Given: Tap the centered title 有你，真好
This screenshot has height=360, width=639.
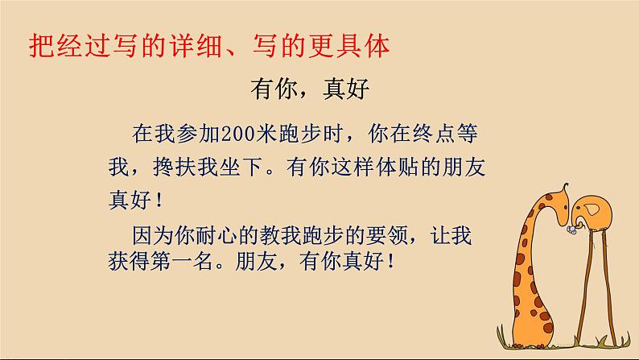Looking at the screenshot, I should pyautogui.click(x=310, y=89).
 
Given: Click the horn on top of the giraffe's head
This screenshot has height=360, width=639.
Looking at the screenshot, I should pyautogui.click(x=567, y=183).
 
